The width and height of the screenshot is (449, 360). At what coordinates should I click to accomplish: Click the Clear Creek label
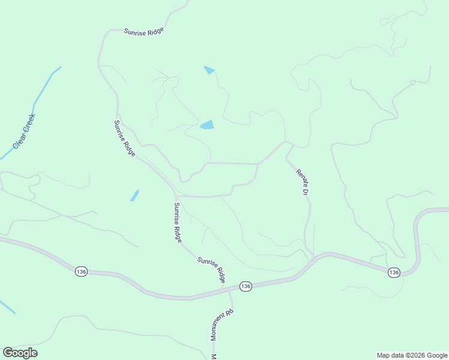(x=24, y=131)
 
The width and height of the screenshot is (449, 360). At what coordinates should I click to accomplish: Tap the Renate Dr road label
(x=302, y=182)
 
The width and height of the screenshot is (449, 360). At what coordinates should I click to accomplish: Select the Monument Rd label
(x=221, y=325)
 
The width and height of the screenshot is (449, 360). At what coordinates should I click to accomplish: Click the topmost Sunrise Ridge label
(x=143, y=32)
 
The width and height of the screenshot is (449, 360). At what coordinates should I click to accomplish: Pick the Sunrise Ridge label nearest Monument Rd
(x=212, y=269)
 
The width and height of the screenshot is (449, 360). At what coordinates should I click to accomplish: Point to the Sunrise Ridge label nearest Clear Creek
(x=125, y=138)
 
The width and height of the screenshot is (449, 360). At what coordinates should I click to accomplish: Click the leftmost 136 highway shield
(x=82, y=272)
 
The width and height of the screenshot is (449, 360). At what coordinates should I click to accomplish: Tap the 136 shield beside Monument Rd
(x=245, y=286)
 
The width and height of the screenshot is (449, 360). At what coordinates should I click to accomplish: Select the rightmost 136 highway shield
(x=394, y=272)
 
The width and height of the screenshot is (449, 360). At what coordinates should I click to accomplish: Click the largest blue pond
(x=207, y=125)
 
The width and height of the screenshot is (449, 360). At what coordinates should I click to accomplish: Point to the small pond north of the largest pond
(x=209, y=70)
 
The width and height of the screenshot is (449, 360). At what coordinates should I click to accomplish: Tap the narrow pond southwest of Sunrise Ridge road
(x=134, y=196)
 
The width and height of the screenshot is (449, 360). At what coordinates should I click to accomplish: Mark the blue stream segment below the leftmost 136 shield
(x=7, y=306)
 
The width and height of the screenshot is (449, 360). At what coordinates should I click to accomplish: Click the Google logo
(x=20, y=352)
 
